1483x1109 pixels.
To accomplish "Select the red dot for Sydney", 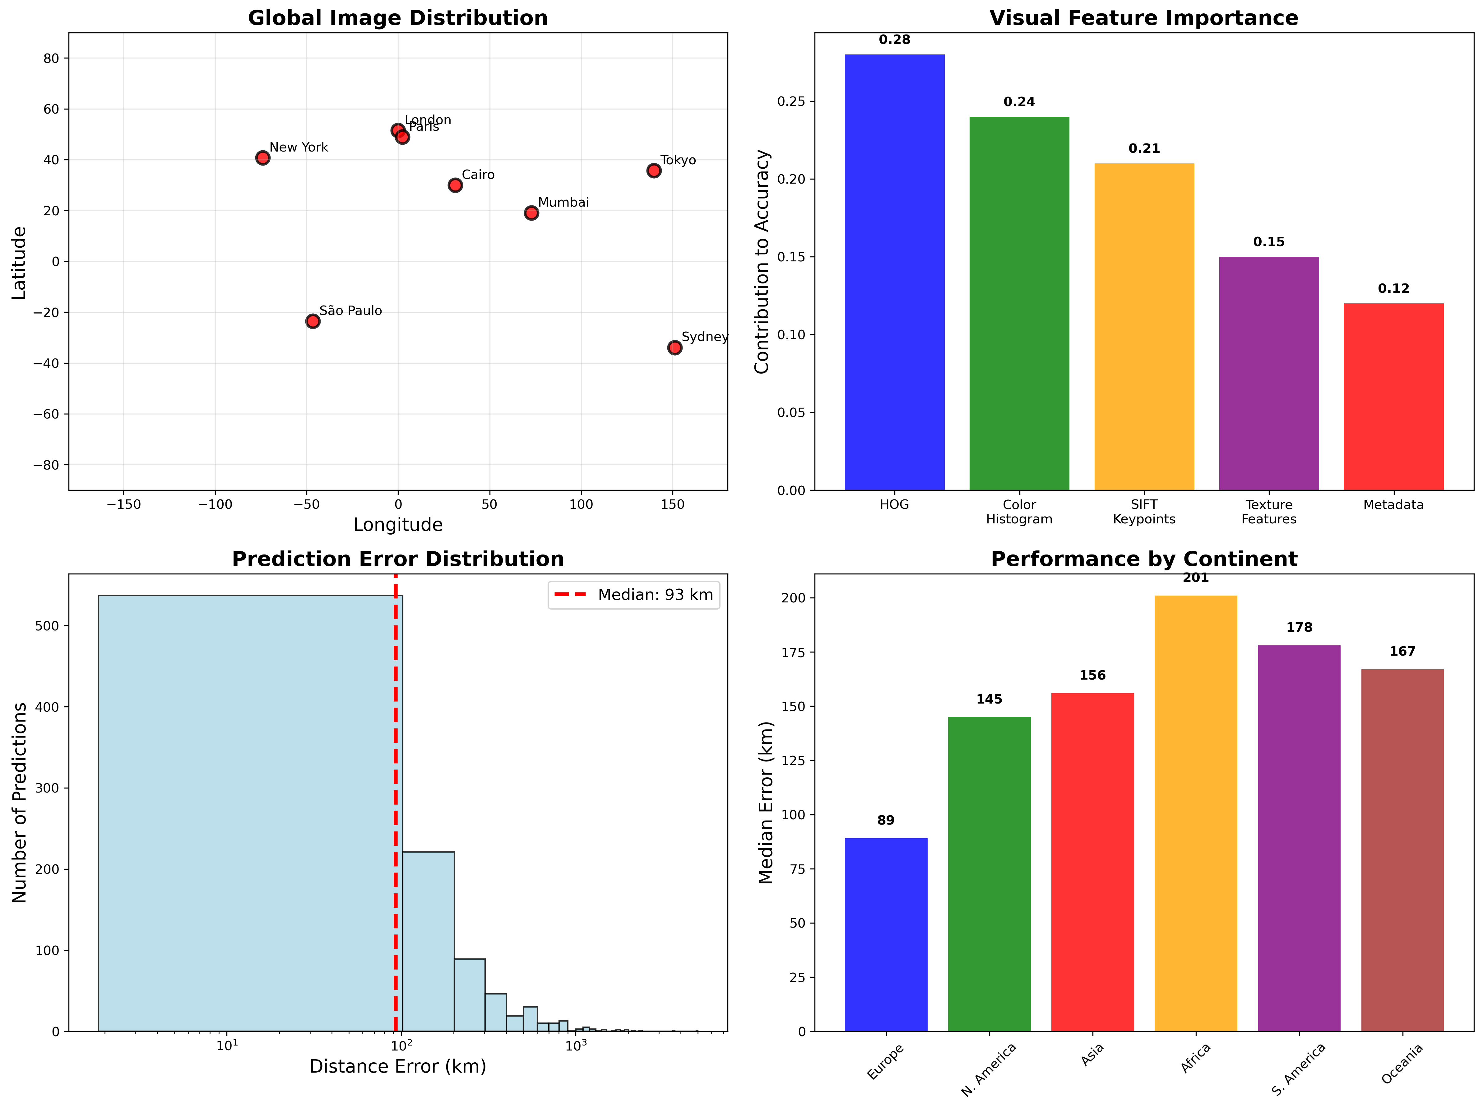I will pyautogui.click(x=674, y=348).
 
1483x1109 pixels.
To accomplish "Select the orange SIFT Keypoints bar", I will pyautogui.click(x=1144, y=327).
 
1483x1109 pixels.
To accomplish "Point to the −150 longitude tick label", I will pyautogui.click(x=123, y=504).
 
